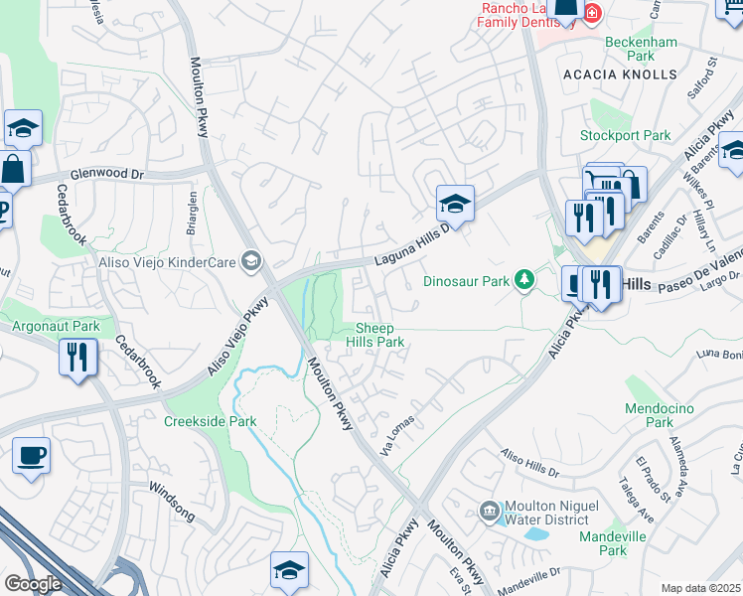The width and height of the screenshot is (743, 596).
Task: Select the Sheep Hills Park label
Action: [x=374, y=335]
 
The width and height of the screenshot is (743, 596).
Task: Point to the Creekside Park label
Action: [x=210, y=421]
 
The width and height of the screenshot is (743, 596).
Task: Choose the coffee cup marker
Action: [x=31, y=455]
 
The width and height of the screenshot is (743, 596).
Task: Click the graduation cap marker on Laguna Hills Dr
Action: [x=455, y=204]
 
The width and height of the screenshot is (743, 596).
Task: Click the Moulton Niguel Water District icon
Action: [x=489, y=512]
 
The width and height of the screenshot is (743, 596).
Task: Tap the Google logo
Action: [x=34, y=583]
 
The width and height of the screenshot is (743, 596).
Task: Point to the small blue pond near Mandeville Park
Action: [x=536, y=533]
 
